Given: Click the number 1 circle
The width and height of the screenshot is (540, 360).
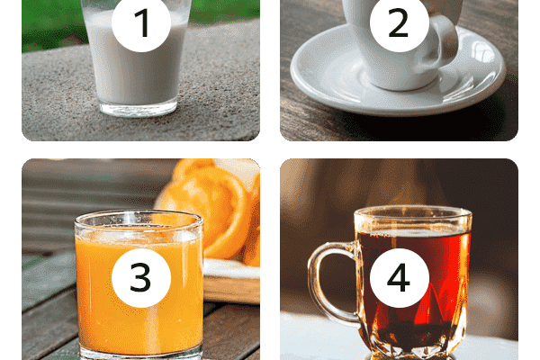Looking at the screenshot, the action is (x=141, y=22).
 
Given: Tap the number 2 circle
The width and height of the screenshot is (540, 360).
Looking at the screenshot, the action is (x=399, y=22).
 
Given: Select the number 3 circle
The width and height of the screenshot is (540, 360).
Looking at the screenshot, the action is (x=141, y=278).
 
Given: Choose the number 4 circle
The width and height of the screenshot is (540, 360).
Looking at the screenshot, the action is (x=399, y=278).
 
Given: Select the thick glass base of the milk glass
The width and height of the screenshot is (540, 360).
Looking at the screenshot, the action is (x=138, y=109).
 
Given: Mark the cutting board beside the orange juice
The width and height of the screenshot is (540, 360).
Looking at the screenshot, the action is (x=231, y=281).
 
